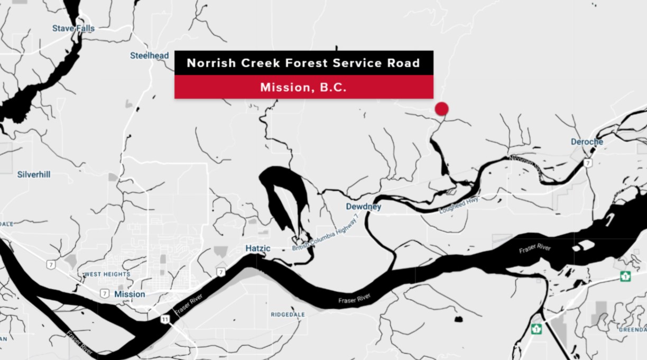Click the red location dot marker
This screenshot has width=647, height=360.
coord(441,109)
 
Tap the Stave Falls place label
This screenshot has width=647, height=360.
coord(73,28)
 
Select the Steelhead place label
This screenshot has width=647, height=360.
coord(150,56)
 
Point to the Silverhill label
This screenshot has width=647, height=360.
coord(34,174)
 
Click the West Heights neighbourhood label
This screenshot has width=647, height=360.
coord(107,274)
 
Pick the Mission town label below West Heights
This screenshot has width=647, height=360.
coord(130,294)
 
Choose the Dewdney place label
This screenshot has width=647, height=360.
coord(363,207)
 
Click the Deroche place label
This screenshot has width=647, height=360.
coord(587,142)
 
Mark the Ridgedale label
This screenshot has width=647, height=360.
coord(288,315)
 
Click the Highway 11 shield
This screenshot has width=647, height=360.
coord(165,319)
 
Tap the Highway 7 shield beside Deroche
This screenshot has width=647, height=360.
coord(588,163)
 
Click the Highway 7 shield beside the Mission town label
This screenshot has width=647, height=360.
coord(105,293)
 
